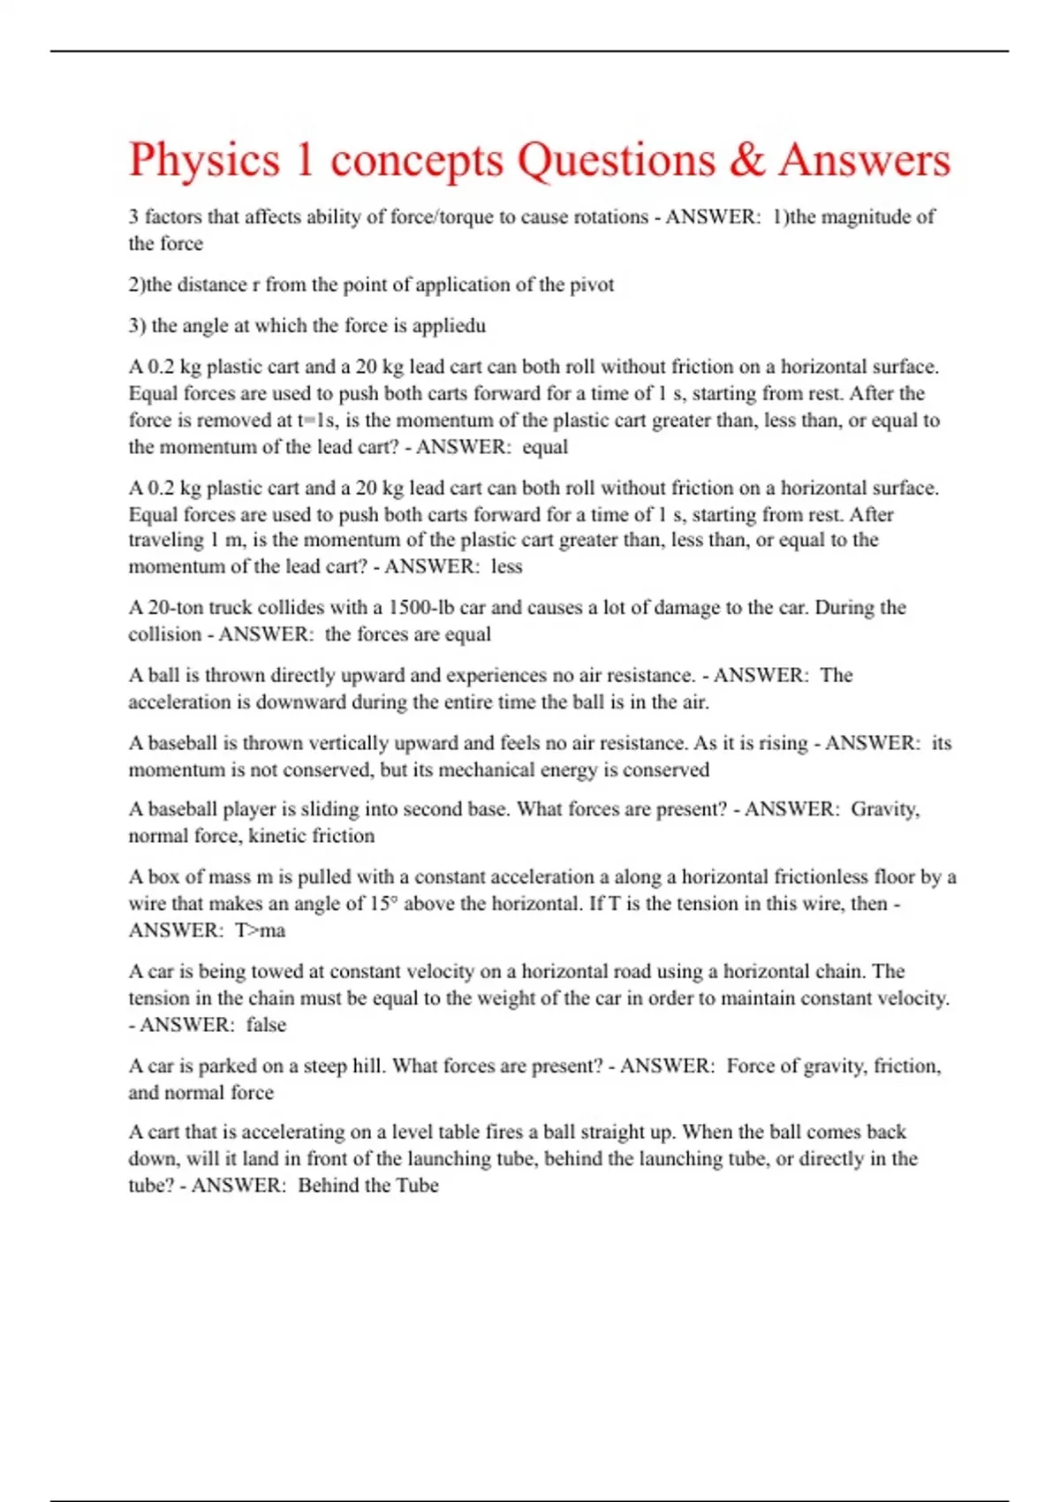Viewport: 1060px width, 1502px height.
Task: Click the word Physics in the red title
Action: pos(204,161)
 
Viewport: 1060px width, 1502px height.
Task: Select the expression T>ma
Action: pos(260,930)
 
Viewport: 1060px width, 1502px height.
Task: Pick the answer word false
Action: pos(266,1025)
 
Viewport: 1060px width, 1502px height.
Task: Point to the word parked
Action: pos(229,1066)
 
